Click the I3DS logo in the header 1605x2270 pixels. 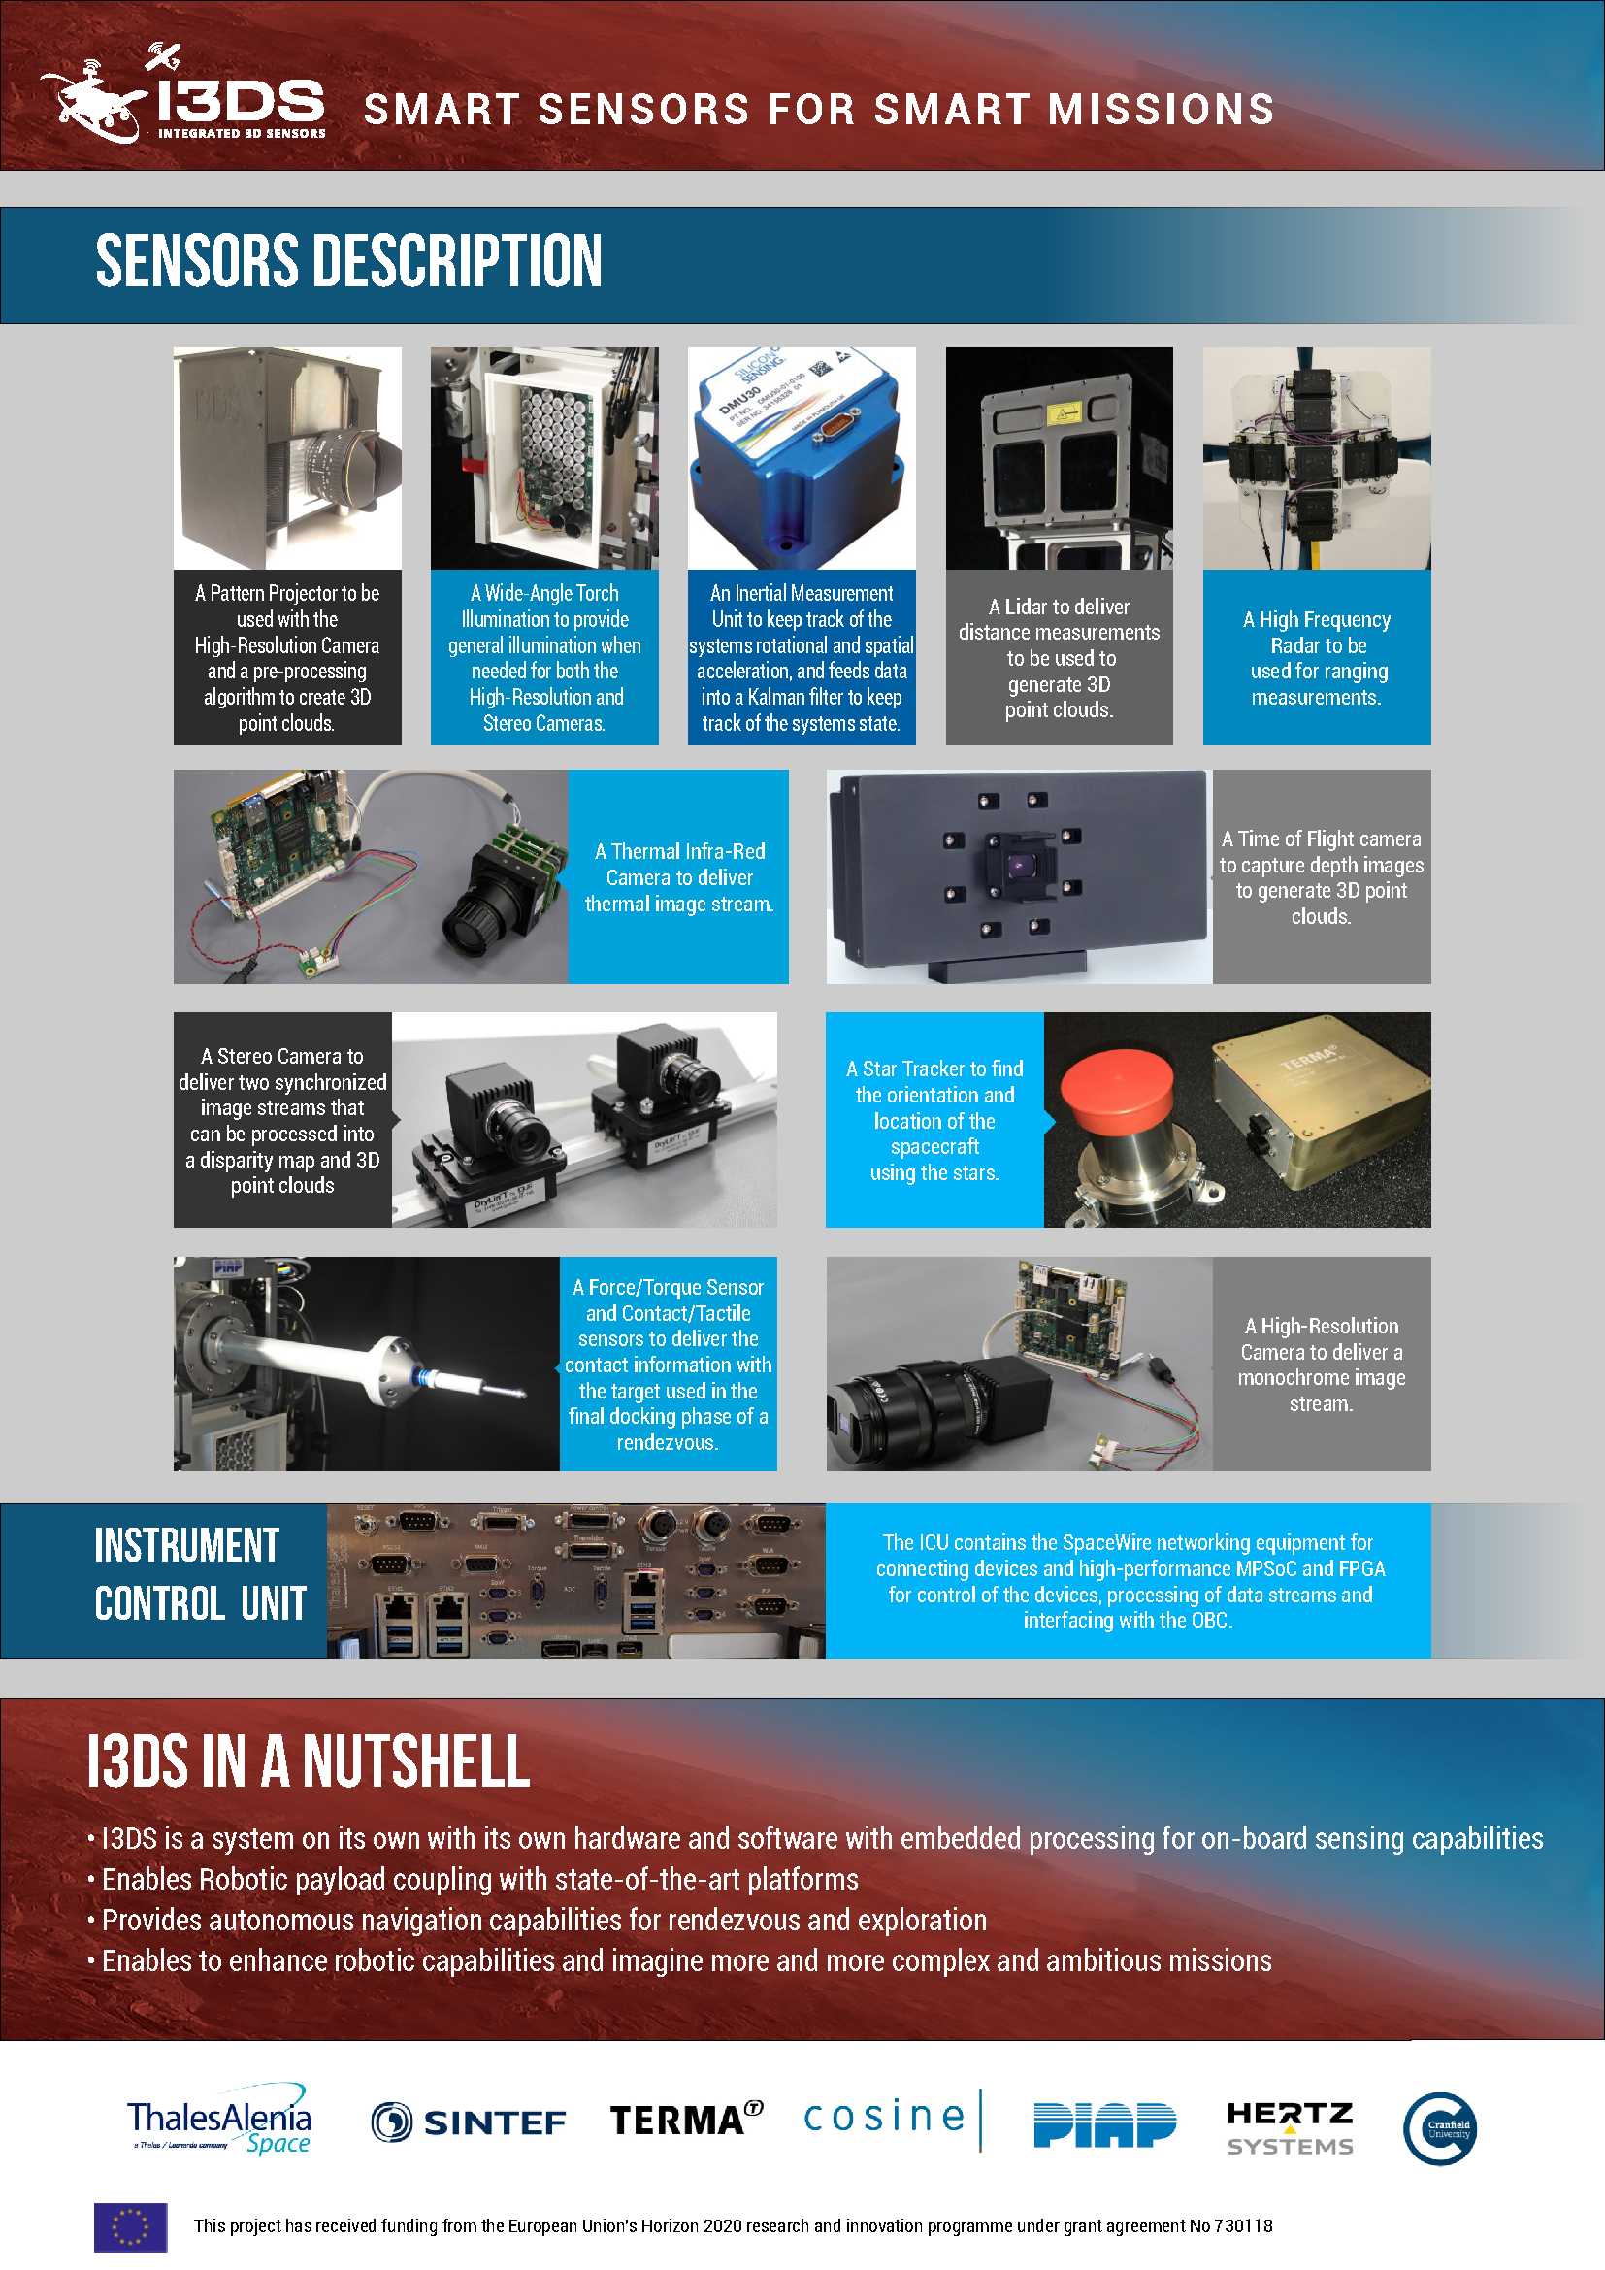pyautogui.click(x=182, y=94)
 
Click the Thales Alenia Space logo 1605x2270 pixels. pyautogui.click(x=219, y=2120)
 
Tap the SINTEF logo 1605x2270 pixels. pyautogui.click(x=468, y=2122)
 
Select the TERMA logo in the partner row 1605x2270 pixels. pyautogui.click(x=686, y=2120)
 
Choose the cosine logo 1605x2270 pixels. pyautogui.click(x=893, y=2119)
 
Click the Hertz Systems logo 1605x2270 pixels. pyautogui.click(x=1290, y=2127)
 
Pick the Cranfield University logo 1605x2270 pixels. pyautogui.click(x=1440, y=2127)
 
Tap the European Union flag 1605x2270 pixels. pyautogui.click(x=130, y=2226)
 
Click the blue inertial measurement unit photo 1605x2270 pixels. pyautogui.click(x=802, y=458)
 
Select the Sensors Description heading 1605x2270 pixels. pyautogui.click(x=349, y=261)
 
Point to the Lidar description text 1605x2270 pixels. pyautogui.click(x=1059, y=658)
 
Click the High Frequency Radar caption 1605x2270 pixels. pyautogui.click(x=1318, y=658)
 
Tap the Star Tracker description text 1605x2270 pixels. pyautogui.click(x=934, y=1120)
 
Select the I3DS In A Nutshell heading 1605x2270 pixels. pyautogui.click(x=309, y=1760)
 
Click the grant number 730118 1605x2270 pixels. pyautogui.click(x=1243, y=2225)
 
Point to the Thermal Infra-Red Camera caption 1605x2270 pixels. pyautogui.click(x=679, y=877)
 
